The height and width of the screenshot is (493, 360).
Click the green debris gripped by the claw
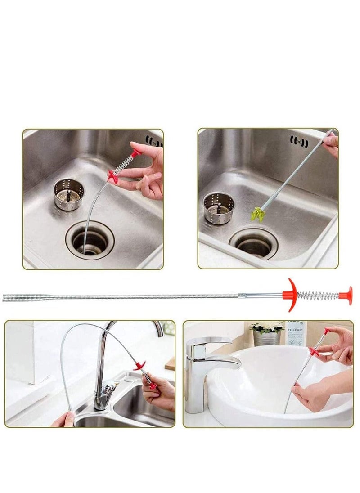coord(257,214)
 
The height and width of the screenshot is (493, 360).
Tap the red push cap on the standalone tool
coord(346,295)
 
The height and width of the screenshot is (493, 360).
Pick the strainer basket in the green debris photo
coord(219,207)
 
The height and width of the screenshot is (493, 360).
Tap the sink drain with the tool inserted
coord(90,241)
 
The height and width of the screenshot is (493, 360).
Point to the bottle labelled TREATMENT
coord(296,333)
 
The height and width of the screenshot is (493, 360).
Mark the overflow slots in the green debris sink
coord(299,143)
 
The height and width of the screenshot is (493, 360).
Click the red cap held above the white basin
coord(327,332)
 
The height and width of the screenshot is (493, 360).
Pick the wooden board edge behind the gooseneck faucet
coord(170,363)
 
